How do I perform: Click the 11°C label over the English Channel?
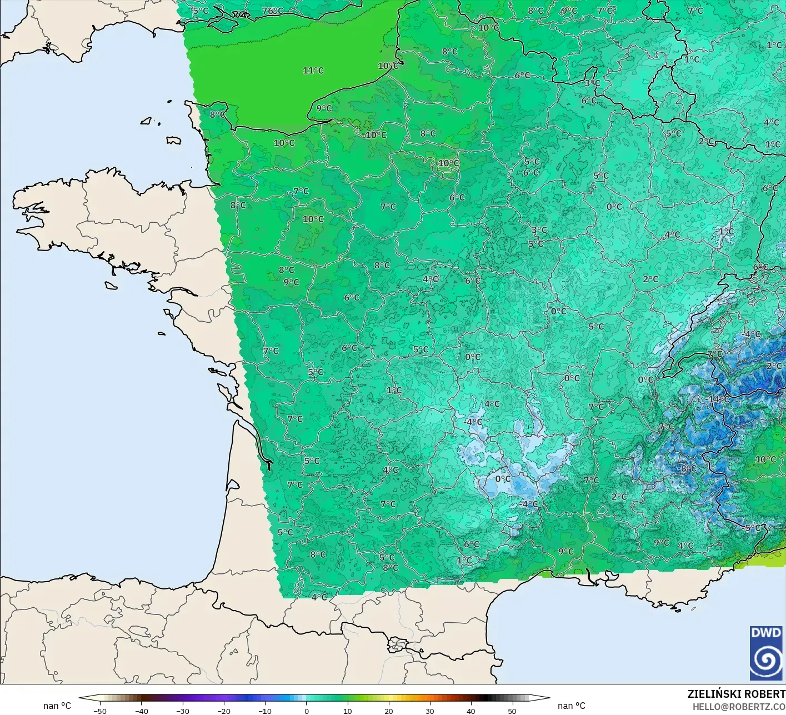pos(313,71)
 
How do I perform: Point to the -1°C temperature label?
pos(725,231)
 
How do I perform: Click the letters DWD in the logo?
pos(766,633)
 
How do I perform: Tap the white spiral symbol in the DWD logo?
pos(766,661)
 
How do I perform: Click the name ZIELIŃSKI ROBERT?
pos(736,694)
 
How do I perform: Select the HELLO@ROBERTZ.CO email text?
pos(739,707)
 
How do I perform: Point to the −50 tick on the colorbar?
pos(100,711)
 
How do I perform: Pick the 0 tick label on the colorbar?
pos(307,711)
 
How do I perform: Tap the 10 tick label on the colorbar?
pos(347,711)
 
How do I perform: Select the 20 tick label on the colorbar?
pos(388,711)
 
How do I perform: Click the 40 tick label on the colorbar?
pos(470,711)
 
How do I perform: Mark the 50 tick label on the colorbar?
pos(512,711)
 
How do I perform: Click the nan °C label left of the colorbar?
pos(57,706)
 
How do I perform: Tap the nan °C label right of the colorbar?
pos(572,706)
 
